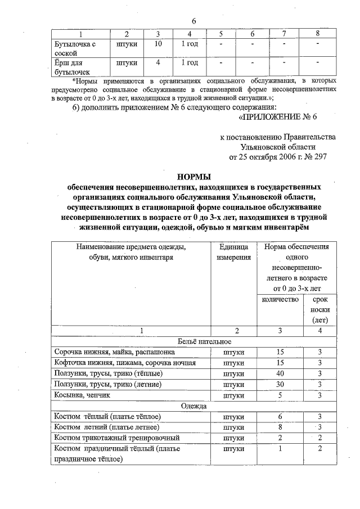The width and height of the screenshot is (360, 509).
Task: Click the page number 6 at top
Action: [193, 21]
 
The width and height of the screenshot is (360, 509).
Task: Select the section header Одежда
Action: [193, 406]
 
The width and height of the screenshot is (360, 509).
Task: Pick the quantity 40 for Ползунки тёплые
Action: [280, 373]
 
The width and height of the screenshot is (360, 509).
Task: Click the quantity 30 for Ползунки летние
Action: [280, 384]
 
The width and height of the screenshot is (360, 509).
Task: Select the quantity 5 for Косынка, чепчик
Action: [280, 395]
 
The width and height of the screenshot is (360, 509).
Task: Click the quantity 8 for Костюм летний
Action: [280, 427]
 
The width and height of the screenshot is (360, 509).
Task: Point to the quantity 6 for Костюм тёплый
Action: [280, 416]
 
